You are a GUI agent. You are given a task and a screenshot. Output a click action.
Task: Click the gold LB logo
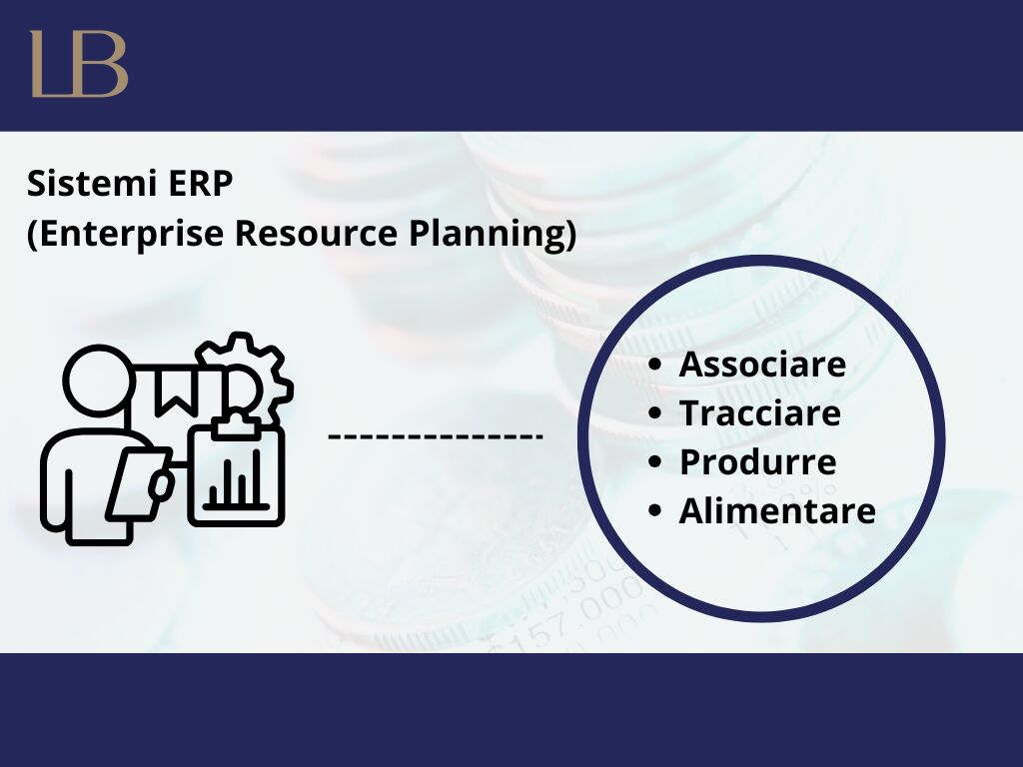pos(79,64)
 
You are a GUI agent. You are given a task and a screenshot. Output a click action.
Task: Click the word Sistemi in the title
pos(93,184)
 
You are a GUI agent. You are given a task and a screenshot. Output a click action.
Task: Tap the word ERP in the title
pos(200,184)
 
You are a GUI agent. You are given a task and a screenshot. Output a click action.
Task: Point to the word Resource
pos(316,233)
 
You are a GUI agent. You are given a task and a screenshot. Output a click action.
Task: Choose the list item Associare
pos(762,364)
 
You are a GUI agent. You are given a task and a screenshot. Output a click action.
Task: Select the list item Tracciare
pos(760,412)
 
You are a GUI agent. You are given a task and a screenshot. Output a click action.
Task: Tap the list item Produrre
pos(758,461)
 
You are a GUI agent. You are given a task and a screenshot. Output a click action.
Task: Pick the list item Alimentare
pos(777,510)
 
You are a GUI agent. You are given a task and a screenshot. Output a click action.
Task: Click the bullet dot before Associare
pos(655,364)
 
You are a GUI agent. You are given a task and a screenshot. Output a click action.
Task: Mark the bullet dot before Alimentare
pos(655,510)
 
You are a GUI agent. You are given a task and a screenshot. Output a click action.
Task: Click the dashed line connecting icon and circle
pos(436,435)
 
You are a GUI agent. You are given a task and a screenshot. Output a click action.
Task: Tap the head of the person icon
pos(99,381)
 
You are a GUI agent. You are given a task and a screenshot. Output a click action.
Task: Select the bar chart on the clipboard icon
pos(236,480)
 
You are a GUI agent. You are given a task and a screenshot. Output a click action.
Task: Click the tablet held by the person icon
pos(138,483)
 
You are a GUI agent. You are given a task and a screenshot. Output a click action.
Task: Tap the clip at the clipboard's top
pos(236,423)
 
